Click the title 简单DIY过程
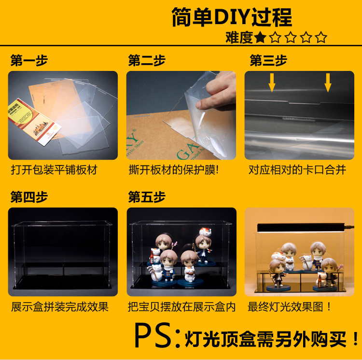click(232, 17)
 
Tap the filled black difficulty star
click(260, 37)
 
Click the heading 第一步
click(29, 60)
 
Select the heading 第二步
click(147, 60)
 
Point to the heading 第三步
click(268, 60)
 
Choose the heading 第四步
click(29, 197)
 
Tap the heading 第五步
click(147, 197)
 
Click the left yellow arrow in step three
click(272, 83)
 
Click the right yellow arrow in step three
click(328, 83)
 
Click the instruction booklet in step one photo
click(34, 122)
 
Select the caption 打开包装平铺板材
click(54, 170)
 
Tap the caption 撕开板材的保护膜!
click(174, 170)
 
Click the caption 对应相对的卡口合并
click(297, 170)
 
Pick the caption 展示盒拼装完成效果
click(59, 307)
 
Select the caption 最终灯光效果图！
click(289, 307)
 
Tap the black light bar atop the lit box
click(301, 228)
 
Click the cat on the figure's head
click(205, 232)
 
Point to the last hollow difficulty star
click(321, 37)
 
